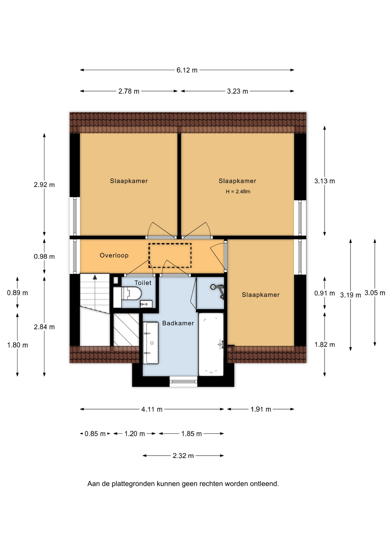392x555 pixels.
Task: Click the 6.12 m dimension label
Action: [x=187, y=70]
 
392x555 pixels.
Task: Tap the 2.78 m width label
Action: [x=129, y=91]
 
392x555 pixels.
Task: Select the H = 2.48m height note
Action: [x=238, y=191]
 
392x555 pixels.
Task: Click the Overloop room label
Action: [x=114, y=255]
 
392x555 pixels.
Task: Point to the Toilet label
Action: [x=143, y=283]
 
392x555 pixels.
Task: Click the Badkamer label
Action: [x=178, y=323]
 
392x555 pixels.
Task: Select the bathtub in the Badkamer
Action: [x=211, y=344]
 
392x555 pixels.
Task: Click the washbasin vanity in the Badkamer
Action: [x=151, y=343]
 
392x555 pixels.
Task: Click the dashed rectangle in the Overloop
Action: [x=170, y=256]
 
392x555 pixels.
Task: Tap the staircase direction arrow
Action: [x=95, y=277]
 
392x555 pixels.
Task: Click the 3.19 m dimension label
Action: [x=350, y=295]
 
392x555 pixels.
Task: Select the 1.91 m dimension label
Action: [x=260, y=409]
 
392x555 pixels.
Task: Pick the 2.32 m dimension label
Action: [x=183, y=456]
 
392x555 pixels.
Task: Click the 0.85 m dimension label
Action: [x=95, y=434]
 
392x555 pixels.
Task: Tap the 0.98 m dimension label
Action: [x=44, y=257]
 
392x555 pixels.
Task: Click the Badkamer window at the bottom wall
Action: [x=183, y=382]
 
